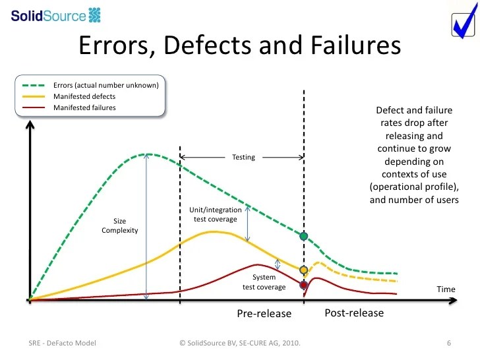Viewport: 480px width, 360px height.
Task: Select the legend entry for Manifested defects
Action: click(84, 96)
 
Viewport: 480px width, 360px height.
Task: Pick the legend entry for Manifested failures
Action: click(84, 107)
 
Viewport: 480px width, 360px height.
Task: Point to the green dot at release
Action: click(304, 235)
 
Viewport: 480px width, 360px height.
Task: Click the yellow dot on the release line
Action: click(304, 270)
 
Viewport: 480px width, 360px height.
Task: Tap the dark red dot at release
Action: click(304, 285)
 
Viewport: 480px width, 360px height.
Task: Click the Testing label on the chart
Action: click(243, 158)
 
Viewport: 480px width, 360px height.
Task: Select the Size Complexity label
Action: click(119, 225)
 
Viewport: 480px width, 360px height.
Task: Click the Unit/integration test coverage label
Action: click(215, 214)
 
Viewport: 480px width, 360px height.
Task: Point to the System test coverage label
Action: click(264, 282)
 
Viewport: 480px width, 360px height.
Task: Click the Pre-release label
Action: click(264, 314)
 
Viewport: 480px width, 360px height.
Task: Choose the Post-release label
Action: click(354, 313)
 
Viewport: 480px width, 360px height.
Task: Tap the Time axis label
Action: click(446, 289)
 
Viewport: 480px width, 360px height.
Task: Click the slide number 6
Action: click(448, 344)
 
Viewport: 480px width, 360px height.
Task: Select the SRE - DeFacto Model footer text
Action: click(63, 344)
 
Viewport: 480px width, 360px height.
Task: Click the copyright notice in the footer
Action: click(243, 344)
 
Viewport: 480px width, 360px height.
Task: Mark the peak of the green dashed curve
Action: click(148, 154)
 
